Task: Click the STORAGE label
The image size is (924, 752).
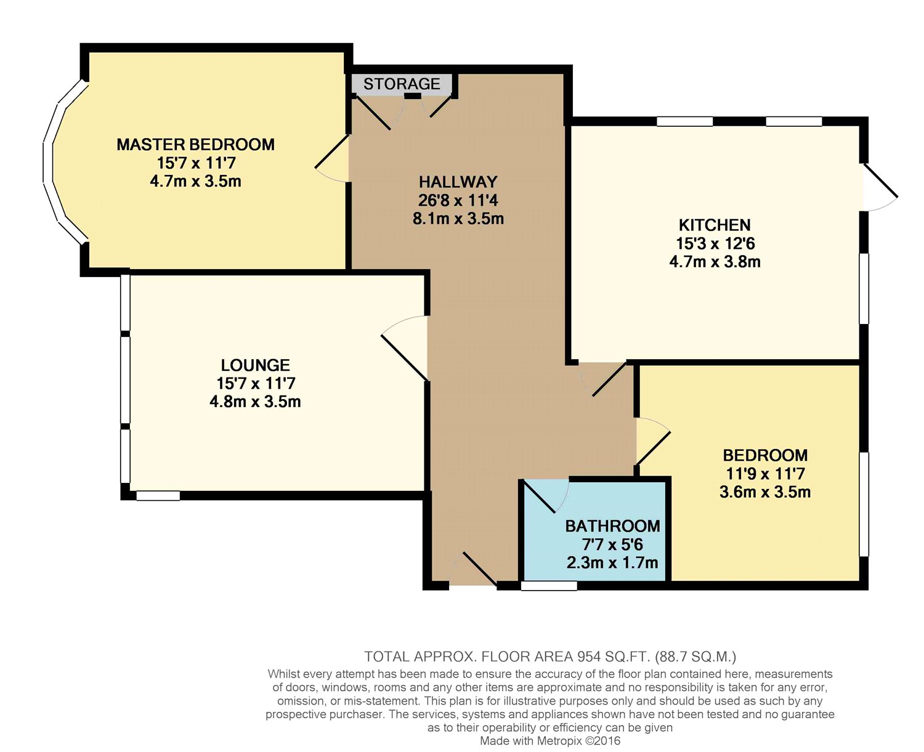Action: coord(402,84)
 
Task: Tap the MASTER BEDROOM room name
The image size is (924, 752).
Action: coord(195,145)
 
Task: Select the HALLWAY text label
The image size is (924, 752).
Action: coord(458,182)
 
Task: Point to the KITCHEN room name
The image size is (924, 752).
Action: coord(715,225)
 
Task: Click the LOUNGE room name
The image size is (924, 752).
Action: coord(255,365)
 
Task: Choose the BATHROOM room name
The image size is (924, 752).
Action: coord(612,526)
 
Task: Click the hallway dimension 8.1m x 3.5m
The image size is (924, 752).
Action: coord(458,219)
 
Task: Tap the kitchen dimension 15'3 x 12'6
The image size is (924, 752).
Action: coord(715,243)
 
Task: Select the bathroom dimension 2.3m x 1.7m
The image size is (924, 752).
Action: coord(612,562)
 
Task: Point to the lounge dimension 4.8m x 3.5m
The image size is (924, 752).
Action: coord(255,402)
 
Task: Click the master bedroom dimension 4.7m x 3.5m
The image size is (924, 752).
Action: coord(195,181)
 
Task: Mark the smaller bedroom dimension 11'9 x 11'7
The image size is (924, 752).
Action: coord(765,474)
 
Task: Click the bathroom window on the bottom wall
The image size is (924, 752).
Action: coord(549,586)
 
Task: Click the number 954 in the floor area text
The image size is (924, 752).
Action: coord(589,657)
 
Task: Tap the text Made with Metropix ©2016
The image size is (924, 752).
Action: coord(550,741)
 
